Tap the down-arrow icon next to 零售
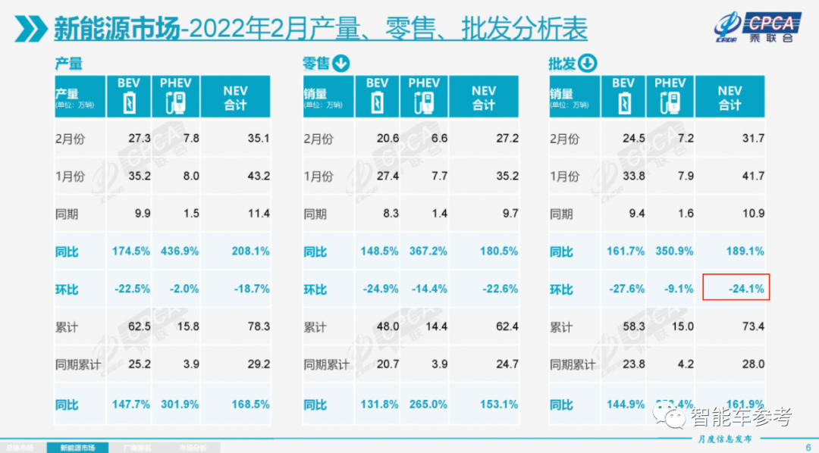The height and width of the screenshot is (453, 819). coord(341,64)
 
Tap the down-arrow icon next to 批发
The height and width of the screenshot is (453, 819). coord(588,64)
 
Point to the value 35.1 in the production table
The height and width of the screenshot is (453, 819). coord(258,139)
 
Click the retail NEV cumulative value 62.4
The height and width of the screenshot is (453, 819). coord(506,327)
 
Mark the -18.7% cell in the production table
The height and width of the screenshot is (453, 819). coord(250,289)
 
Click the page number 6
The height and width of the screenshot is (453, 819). coord(807,447)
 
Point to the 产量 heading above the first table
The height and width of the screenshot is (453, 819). coord(68,64)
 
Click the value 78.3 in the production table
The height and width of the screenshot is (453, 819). coord(258,327)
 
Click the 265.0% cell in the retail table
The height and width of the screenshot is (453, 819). coord(426,405)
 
